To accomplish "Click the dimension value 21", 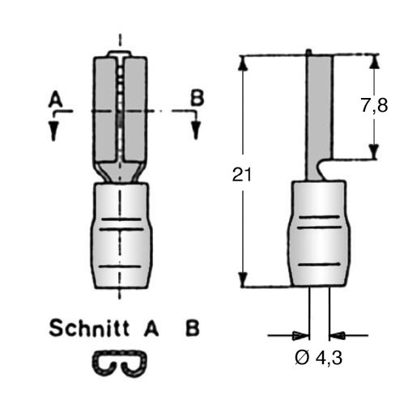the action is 242,175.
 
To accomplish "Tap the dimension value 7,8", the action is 374,105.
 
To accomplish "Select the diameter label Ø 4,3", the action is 318,358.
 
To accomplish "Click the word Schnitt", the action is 89,328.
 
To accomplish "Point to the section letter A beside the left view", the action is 56,100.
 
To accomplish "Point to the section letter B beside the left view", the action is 198,97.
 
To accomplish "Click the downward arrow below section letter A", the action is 54,130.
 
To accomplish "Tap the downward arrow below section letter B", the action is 196,130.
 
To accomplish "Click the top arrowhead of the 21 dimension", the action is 243,63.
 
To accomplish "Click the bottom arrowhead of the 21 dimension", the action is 243,279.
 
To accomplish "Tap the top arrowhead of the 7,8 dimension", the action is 374,62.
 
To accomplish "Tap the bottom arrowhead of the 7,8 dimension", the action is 374,151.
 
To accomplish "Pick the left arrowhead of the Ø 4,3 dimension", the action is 301,336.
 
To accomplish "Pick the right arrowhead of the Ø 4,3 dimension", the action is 338,336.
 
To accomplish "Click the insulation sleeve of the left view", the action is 121,236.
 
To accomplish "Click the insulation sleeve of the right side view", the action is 318,234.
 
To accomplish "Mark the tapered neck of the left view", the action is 121,172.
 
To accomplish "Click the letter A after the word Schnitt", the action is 151,328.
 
